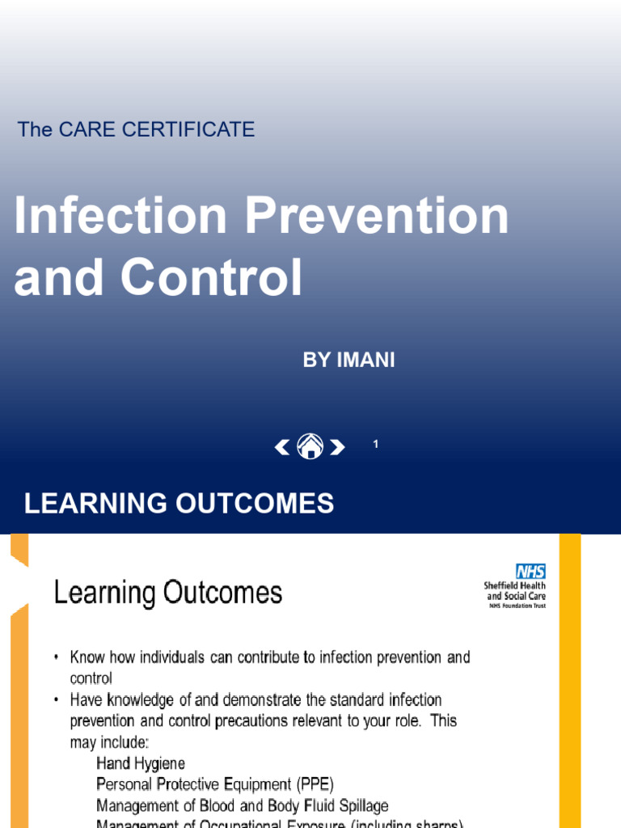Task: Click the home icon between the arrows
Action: click(310, 446)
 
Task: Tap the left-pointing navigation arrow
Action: click(282, 446)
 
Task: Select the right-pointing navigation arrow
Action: click(337, 446)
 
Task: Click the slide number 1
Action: click(376, 444)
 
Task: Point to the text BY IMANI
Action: click(349, 361)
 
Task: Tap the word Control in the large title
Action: click(212, 277)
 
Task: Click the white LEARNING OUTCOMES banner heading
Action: click(179, 504)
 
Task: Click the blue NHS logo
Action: click(530, 572)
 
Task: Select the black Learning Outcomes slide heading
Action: click(168, 594)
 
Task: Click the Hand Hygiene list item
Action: click(141, 763)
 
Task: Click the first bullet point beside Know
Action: click(57, 657)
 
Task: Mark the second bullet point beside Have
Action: click(57, 699)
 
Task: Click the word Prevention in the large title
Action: click(378, 217)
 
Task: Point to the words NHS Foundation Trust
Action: click(516, 606)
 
